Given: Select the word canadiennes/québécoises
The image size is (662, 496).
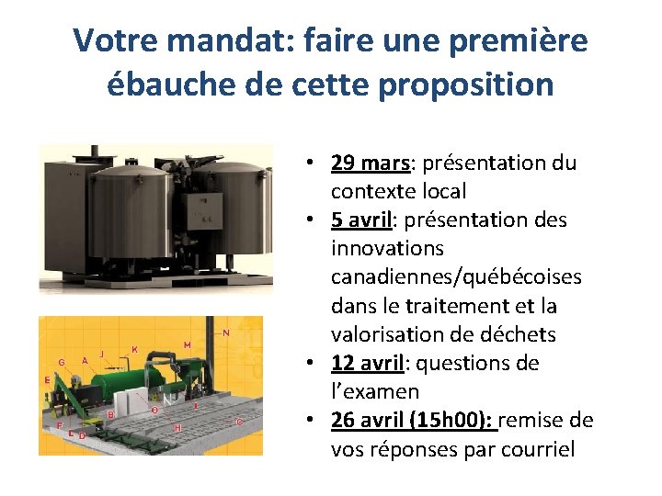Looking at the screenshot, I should pos(456,277).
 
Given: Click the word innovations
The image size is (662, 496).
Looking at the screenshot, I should pos(387,249).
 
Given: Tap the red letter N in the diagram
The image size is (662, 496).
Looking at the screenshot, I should pos(226,333).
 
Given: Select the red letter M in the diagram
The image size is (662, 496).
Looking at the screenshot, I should pos(187,344).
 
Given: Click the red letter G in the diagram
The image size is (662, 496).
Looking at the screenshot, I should pos(61,363).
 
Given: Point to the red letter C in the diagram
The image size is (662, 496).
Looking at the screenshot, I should pos(240,422).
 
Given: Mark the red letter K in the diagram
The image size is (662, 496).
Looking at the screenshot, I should pos(135,349).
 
